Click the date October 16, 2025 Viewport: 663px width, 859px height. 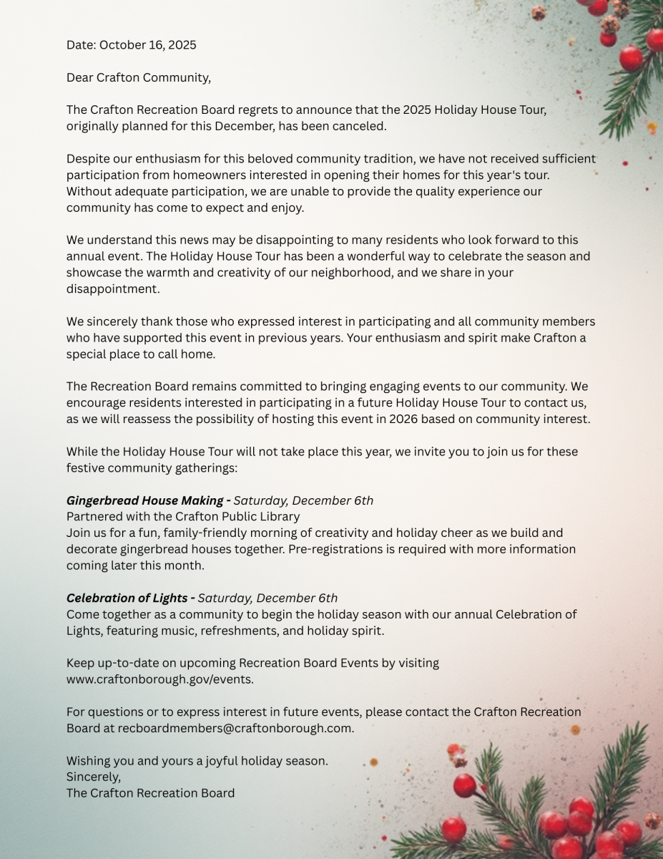(x=147, y=45)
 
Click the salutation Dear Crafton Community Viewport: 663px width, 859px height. (x=138, y=77)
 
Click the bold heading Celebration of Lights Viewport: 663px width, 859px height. (x=127, y=598)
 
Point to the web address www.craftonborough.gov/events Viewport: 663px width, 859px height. (x=159, y=679)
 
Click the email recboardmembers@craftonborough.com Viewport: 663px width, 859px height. (x=235, y=728)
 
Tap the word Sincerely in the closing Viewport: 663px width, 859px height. (x=93, y=777)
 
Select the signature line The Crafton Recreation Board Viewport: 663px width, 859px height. (x=150, y=793)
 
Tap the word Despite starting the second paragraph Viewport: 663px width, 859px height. (x=89, y=158)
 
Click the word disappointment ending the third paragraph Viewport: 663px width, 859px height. (x=112, y=288)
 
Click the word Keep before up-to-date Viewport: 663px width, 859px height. (x=79, y=663)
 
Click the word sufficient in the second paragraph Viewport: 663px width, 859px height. (x=566, y=158)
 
